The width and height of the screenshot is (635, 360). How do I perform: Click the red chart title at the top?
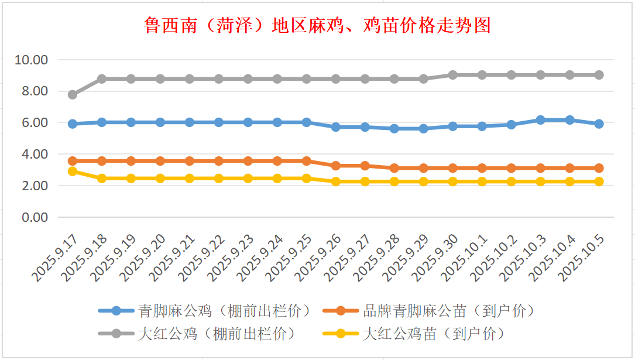[x=317, y=26]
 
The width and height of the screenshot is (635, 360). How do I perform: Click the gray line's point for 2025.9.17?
[x=73, y=94]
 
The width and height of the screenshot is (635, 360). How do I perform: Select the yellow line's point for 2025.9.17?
[x=73, y=171]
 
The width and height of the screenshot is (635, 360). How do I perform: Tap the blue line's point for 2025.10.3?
[x=541, y=120]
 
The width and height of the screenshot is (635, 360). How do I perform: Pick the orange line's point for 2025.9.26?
[x=336, y=166]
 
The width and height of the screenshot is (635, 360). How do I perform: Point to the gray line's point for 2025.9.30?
[x=453, y=75]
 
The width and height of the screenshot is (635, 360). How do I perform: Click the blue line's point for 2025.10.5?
[x=599, y=124]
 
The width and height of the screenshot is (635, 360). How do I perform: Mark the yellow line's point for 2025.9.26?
[x=336, y=181]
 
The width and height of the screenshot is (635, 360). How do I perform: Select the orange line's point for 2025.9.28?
[x=394, y=168]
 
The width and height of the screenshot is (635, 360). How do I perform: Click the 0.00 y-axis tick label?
[x=35, y=217]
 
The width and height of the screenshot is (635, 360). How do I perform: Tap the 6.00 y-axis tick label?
[x=35, y=123]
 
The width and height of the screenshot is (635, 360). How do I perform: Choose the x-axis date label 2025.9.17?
[x=56, y=258]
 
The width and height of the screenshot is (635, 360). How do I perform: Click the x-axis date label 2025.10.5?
[x=583, y=258]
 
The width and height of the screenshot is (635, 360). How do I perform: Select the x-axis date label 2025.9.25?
[x=290, y=258]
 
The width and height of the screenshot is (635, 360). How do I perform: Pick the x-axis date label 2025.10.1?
[x=466, y=258]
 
